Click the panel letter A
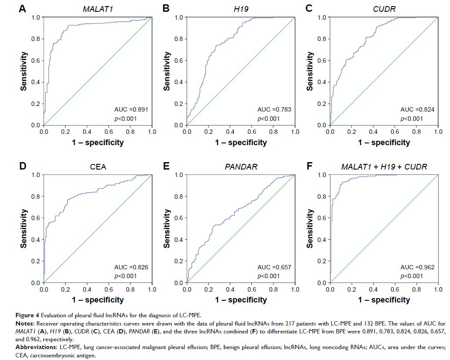pyautogui.click(x=22, y=8)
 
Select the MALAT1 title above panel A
pyautogui.click(x=98, y=8)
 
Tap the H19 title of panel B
pyautogui.click(x=241, y=8)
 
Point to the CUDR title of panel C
pyautogui.click(x=384, y=8)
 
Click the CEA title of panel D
pyautogui.click(x=98, y=166)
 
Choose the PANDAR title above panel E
pyautogui.click(x=241, y=166)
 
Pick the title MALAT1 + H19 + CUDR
pyautogui.click(x=384, y=166)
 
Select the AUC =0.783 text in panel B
pyautogui.click(x=274, y=110)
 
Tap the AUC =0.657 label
pyautogui.click(x=274, y=267)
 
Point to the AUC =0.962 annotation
pyautogui.click(x=417, y=267)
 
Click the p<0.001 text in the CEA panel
pyautogui.click(x=125, y=276)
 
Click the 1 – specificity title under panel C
pyautogui.click(x=384, y=143)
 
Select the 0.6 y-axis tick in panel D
pyautogui.click(x=37, y=218)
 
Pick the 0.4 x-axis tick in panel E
pyautogui.click(x=230, y=289)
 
